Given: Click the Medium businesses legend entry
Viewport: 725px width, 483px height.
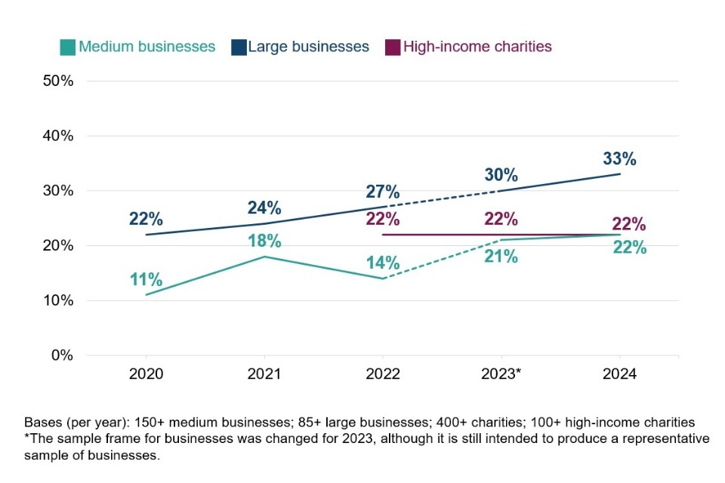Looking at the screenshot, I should coord(138,47).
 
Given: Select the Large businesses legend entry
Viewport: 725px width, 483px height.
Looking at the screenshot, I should coord(300,47).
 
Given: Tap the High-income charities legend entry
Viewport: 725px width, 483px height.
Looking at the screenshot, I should coord(469,47).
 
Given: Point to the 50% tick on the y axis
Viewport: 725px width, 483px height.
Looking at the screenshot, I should coord(58,81).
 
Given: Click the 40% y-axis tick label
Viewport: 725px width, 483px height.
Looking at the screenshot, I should coord(58,136).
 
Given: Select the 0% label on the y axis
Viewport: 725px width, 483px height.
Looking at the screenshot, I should coord(61,355).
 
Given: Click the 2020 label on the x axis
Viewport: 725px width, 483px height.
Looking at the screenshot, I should coord(146,374).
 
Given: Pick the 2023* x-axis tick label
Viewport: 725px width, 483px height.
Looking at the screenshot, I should coord(501,374).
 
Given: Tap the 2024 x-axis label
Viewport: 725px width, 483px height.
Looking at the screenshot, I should coord(620,374).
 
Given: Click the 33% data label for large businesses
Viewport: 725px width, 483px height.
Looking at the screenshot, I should coord(620,159).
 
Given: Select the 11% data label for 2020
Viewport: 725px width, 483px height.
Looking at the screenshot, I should coord(146,279).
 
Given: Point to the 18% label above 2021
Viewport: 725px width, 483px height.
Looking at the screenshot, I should coord(264,241).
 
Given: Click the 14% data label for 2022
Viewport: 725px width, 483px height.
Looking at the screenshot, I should coord(383,263).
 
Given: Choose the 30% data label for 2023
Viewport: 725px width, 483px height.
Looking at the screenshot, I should coord(501,175).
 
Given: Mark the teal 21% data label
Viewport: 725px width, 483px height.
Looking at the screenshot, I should coord(501,257).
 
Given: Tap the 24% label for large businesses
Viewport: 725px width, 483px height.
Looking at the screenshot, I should coord(264,208).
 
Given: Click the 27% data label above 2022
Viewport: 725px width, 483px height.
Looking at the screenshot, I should coord(383,191).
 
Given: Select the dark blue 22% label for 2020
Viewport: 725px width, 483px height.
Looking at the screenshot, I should coord(146,219).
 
